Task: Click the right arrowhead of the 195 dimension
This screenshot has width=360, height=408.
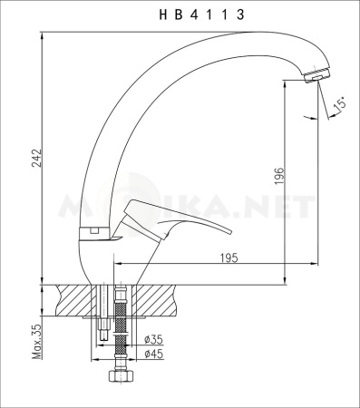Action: click(x=288, y=266)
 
